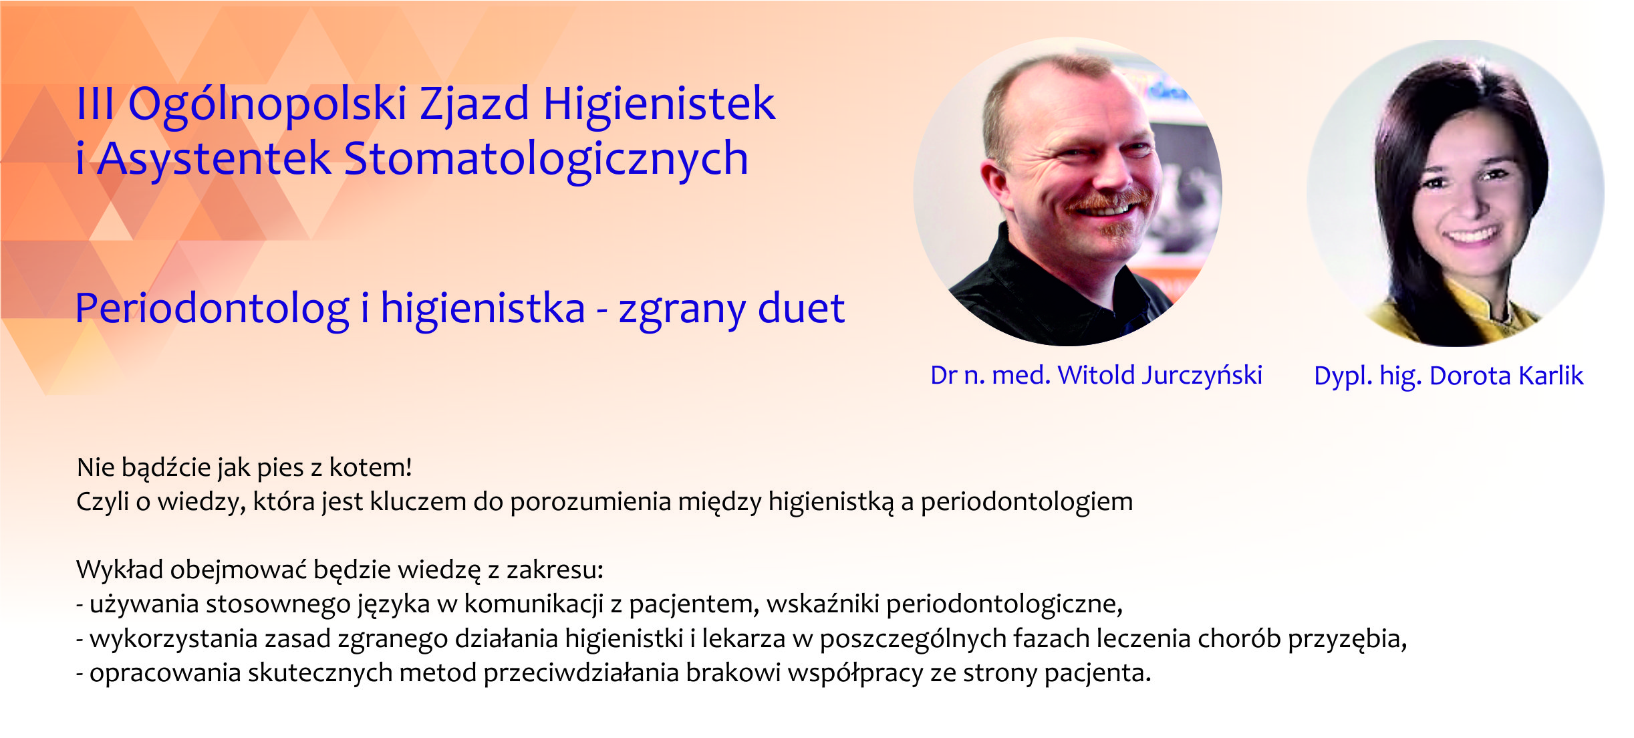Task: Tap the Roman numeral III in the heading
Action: click(x=96, y=104)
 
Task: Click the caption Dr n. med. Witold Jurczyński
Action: click(x=1096, y=376)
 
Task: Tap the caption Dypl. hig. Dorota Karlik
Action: click(x=1449, y=376)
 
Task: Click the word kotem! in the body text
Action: click(x=370, y=467)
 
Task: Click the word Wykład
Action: click(x=120, y=570)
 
